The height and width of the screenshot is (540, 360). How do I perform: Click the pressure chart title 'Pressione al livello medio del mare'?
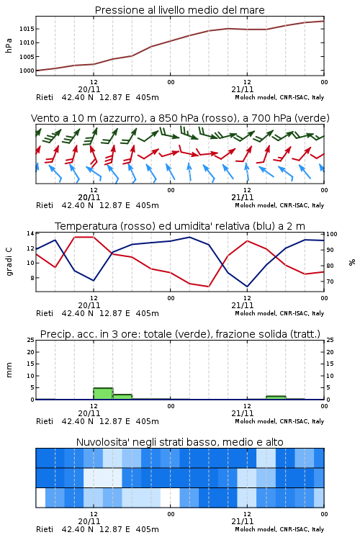[x=179, y=10]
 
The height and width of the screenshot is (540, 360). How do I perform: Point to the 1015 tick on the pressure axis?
[x=27, y=29]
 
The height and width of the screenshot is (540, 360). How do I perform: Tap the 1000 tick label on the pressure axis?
[x=27, y=71]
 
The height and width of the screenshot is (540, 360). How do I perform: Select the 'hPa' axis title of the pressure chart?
[x=9, y=45]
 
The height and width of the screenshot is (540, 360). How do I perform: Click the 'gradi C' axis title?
[x=9, y=261]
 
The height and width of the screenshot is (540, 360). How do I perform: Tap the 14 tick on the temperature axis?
[x=30, y=233]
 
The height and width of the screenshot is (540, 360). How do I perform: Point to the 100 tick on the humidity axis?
[x=332, y=234]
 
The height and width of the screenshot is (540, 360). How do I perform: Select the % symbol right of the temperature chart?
[x=352, y=262]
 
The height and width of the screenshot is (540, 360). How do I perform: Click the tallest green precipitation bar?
[x=103, y=394]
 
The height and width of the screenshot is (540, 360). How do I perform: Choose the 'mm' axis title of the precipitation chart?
[x=9, y=370]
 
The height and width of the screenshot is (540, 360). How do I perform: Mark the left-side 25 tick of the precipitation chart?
[x=30, y=340]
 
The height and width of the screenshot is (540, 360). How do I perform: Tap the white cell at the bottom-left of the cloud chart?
[x=40, y=498]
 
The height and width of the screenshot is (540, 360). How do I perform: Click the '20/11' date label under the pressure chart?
[x=89, y=89]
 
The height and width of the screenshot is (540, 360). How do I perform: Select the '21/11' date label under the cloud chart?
[x=243, y=521]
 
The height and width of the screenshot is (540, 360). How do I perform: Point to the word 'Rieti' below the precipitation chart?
[x=45, y=421]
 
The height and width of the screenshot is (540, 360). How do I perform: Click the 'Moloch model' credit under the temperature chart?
[x=256, y=313]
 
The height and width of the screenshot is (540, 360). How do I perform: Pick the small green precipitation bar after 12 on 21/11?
[x=276, y=397]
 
